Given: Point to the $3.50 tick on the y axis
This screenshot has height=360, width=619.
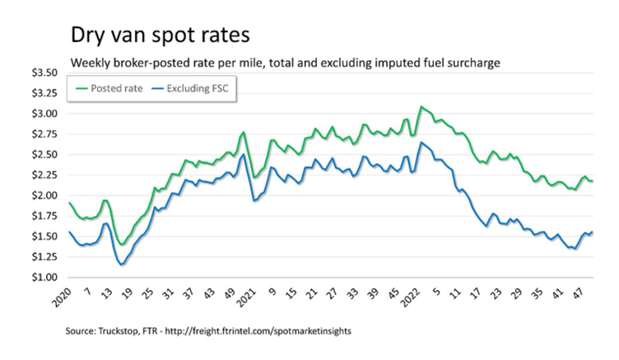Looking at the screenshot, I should pyautogui.click(x=49, y=73).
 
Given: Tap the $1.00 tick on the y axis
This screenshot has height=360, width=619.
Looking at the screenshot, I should pyautogui.click(x=49, y=278).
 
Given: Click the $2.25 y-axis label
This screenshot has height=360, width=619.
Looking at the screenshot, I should pyautogui.click(x=49, y=175).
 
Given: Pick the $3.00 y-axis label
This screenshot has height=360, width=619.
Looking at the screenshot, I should pyautogui.click(x=49, y=114).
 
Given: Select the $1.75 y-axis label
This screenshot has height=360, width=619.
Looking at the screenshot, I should pyautogui.click(x=49, y=216).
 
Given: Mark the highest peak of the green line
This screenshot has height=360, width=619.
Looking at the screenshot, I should pyautogui.click(x=421, y=106).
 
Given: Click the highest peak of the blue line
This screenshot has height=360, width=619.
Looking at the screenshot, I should pyautogui.click(x=421, y=143).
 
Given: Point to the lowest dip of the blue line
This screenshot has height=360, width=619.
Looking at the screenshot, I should pyautogui.click(x=122, y=264).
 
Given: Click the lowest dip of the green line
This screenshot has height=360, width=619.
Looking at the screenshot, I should pyautogui.click(x=122, y=244).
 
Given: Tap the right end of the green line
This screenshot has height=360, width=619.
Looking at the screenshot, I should pyautogui.click(x=593, y=181).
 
